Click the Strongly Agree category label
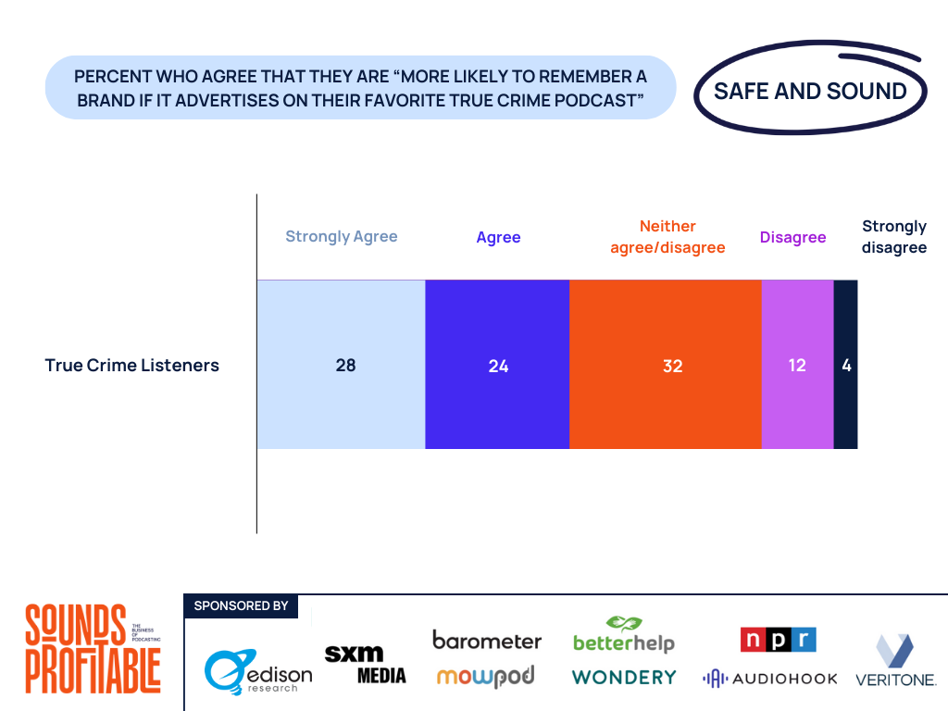tap(341, 236)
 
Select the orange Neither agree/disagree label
tap(667, 237)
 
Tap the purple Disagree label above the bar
tap(792, 237)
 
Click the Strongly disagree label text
tap(893, 237)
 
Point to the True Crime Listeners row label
tap(131, 365)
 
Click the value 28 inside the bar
tap(345, 365)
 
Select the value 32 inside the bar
tap(672, 366)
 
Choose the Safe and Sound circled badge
tap(810, 91)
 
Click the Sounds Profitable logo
tap(93, 648)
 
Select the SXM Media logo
tap(365, 664)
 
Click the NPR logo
tap(778, 640)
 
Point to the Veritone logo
tap(894, 660)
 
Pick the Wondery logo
tap(624, 677)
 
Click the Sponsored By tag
tap(241, 605)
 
